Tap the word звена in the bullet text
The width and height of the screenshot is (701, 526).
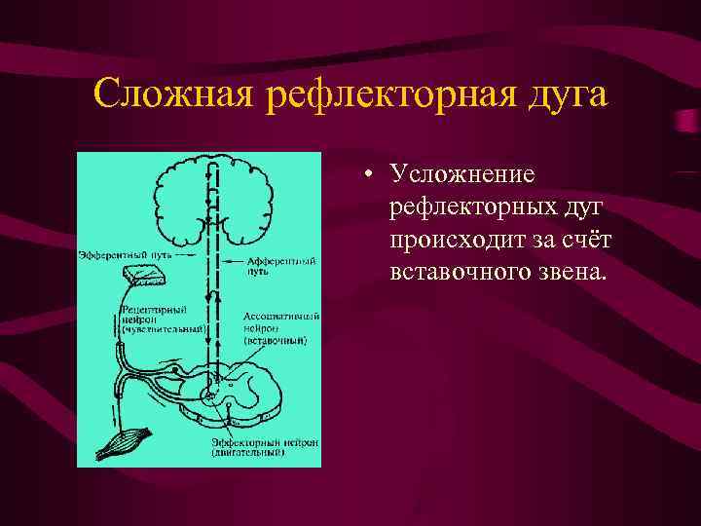(x=573, y=272)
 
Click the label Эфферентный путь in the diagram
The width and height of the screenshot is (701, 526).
(x=115, y=256)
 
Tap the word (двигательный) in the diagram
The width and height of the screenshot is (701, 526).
(x=249, y=453)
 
